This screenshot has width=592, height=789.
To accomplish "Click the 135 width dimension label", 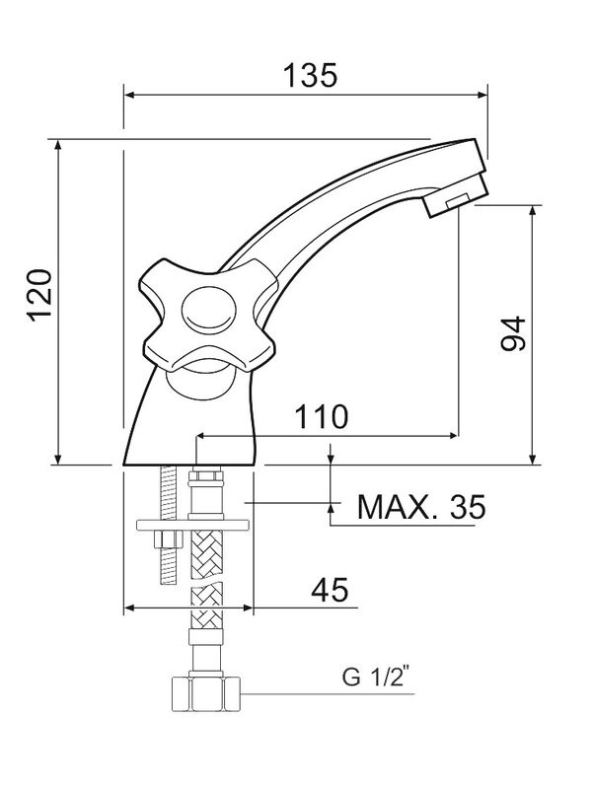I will click(x=311, y=74).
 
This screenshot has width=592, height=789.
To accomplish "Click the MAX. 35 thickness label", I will click(x=421, y=507).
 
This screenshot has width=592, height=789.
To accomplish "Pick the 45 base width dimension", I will click(x=330, y=590).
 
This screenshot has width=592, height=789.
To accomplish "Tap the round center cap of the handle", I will click(x=208, y=313).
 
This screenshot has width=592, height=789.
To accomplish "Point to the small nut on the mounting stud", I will click(x=164, y=541).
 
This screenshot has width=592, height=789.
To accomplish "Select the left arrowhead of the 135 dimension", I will click(x=129, y=95).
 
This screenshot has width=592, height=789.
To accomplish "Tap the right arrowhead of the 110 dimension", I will click(x=453, y=434).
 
